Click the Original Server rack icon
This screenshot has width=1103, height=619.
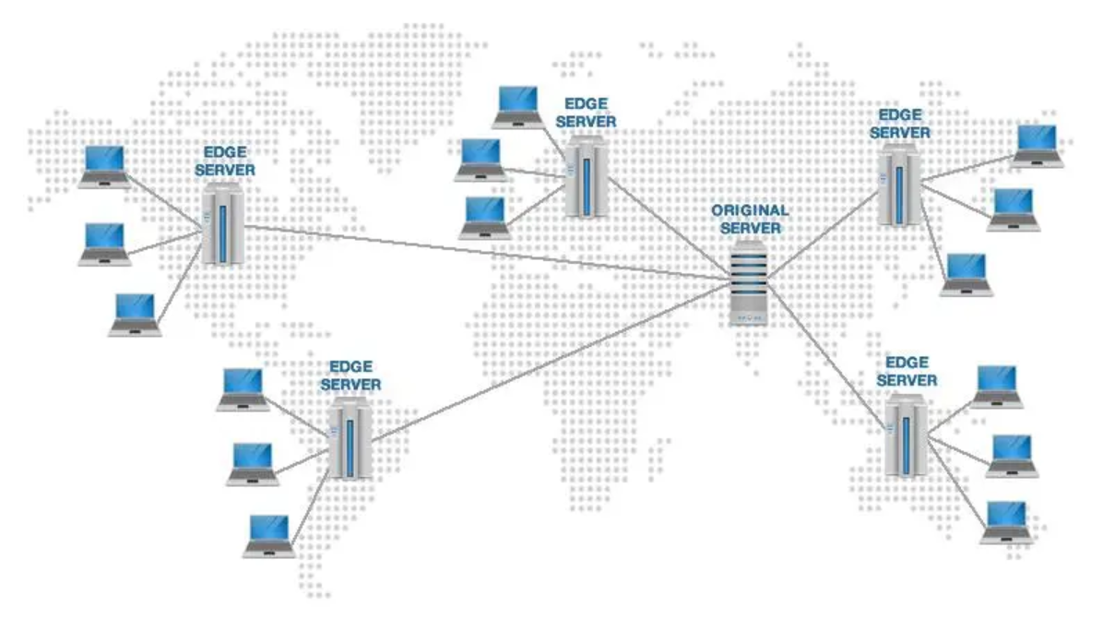tap(748, 283)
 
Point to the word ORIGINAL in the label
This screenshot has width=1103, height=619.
tap(750, 210)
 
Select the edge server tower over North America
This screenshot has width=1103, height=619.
tap(222, 223)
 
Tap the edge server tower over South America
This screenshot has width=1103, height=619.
tap(350, 438)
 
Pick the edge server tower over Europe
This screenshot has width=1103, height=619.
tap(587, 176)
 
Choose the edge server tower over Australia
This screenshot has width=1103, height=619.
tap(906, 434)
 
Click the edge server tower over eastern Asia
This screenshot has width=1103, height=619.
tap(899, 185)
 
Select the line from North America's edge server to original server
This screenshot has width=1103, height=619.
tap(486, 253)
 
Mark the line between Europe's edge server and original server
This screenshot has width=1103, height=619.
tap(669, 228)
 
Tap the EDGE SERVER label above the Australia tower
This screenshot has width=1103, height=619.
tap(907, 372)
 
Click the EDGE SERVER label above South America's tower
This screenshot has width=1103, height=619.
tap(350, 375)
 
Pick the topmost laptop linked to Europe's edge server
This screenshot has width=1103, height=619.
tap(517, 107)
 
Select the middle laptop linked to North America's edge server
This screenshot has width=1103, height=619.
tap(105, 244)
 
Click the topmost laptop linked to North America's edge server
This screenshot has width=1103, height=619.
tap(105, 167)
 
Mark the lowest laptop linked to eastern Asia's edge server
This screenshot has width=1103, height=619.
tap(967, 275)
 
